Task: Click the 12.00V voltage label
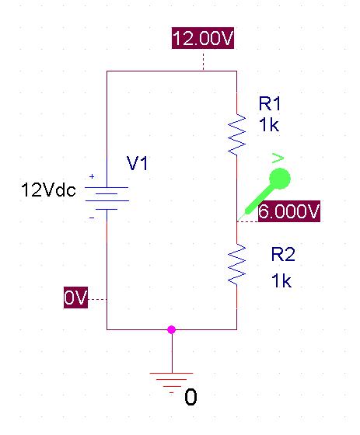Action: (x=203, y=38)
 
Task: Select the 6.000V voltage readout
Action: (x=289, y=211)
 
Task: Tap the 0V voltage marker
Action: (x=75, y=298)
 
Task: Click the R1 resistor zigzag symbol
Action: (x=236, y=134)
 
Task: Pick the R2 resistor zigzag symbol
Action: (x=236, y=264)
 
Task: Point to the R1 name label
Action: (x=270, y=103)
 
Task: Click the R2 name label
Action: (x=283, y=254)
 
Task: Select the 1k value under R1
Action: (x=268, y=124)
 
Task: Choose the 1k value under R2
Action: (x=281, y=280)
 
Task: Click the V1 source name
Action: (x=137, y=163)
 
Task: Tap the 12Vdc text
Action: (x=48, y=190)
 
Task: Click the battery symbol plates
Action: (x=107, y=198)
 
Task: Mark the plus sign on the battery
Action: (x=92, y=176)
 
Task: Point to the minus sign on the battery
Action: (x=92, y=218)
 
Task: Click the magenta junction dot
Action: (x=172, y=329)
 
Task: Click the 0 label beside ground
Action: (x=190, y=397)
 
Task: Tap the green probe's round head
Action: (x=280, y=179)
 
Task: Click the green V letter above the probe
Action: (x=278, y=158)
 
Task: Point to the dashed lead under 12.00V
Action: (x=204, y=60)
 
